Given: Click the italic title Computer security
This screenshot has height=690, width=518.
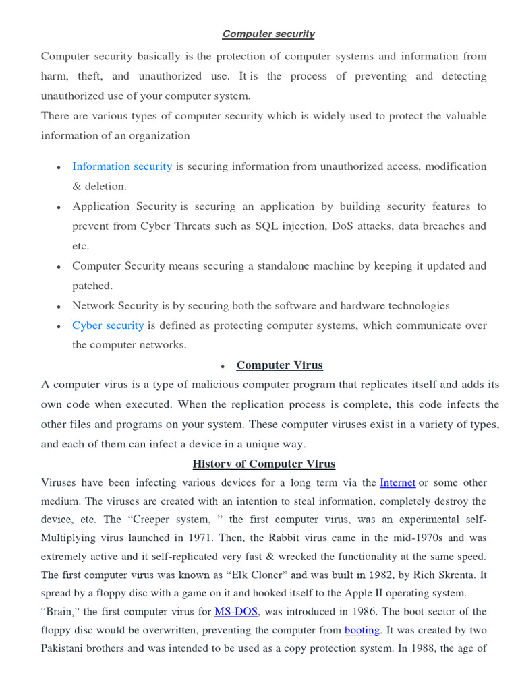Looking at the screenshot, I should pos(268,34).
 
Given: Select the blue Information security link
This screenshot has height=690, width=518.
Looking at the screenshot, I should pos(122,166).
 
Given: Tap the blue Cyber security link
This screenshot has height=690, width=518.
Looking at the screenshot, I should pos(108,325).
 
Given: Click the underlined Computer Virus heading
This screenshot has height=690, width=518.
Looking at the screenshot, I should pos(279,365).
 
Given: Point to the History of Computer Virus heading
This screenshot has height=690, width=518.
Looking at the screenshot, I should pos(264,464).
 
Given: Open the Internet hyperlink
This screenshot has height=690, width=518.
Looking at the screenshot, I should pos(397,482).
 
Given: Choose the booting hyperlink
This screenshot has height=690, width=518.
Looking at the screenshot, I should pos(362,631).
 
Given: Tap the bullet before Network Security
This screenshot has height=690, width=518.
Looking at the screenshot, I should pos(59,307).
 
